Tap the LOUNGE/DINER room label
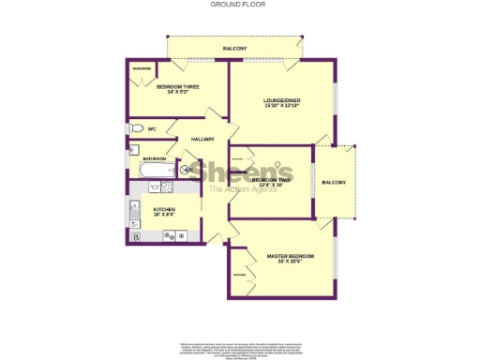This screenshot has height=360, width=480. click(280, 99)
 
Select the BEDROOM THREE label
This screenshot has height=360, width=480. click(178, 86)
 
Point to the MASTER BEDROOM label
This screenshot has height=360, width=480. click(290, 256)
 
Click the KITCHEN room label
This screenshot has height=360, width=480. click(165, 209)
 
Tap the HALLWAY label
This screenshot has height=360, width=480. click(202, 140)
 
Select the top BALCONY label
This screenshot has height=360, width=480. click(235, 48)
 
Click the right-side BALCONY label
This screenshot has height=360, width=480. click(334, 182)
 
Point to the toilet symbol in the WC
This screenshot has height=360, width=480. click(135, 128)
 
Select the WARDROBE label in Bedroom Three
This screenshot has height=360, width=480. click(142, 68)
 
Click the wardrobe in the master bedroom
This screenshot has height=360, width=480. click(239, 274)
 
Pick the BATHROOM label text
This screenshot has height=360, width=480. click(154, 159)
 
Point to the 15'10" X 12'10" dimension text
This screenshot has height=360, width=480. click(280, 106)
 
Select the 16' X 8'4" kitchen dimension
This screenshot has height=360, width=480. click(165, 216)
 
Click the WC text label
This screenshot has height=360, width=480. click(151, 128)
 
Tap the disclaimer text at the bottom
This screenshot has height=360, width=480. click(239, 348)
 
